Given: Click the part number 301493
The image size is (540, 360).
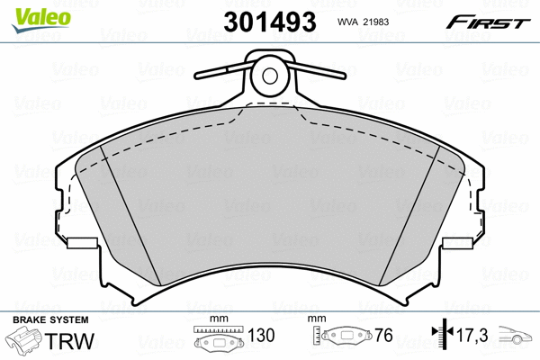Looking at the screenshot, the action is [270, 22].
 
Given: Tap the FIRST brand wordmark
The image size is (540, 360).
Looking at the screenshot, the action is [488, 22].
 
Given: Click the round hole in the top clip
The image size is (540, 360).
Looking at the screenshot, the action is [270, 76].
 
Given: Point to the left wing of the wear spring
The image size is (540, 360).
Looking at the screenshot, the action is [224, 70].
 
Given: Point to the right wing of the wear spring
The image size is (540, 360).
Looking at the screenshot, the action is [316, 70].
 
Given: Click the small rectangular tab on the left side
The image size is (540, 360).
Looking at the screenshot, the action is [82, 243].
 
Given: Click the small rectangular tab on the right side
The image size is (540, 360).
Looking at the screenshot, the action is [457, 243].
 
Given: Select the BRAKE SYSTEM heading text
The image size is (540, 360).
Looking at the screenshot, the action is [50, 320].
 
